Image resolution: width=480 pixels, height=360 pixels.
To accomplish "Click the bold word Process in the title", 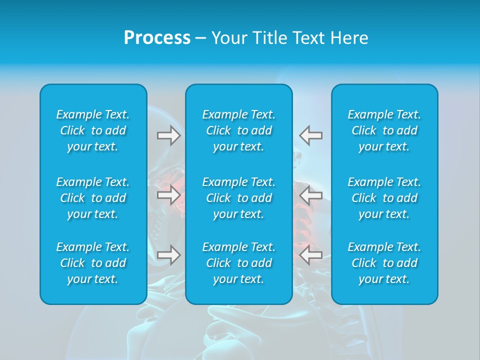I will (x=157, y=38).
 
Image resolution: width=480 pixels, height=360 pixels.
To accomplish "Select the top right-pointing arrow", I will (x=168, y=135).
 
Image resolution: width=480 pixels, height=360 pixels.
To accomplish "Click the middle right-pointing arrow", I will (x=168, y=195).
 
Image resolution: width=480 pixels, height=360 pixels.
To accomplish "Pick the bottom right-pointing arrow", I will (x=168, y=255).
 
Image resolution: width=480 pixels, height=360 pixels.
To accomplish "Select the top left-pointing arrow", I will (x=310, y=135).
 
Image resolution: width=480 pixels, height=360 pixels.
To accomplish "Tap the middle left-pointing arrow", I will (x=310, y=195).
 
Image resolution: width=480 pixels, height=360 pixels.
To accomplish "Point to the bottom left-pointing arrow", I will (x=310, y=255).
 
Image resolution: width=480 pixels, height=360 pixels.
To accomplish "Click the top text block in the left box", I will (x=93, y=130).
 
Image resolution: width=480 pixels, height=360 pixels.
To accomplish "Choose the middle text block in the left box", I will (x=93, y=198).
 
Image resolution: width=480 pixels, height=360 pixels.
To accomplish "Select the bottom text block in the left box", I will (x=93, y=263).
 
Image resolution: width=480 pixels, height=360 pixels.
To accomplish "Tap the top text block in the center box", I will (x=239, y=130).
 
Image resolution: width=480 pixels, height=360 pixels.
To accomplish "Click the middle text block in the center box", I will (x=239, y=198).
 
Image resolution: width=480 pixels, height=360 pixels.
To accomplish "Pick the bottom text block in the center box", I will (x=239, y=263).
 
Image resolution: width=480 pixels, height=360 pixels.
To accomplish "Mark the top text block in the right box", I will (x=384, y=130).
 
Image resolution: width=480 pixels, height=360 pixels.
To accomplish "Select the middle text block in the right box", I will (x=384, y=198).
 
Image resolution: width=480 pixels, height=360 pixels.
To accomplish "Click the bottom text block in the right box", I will (x=384, y=263).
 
